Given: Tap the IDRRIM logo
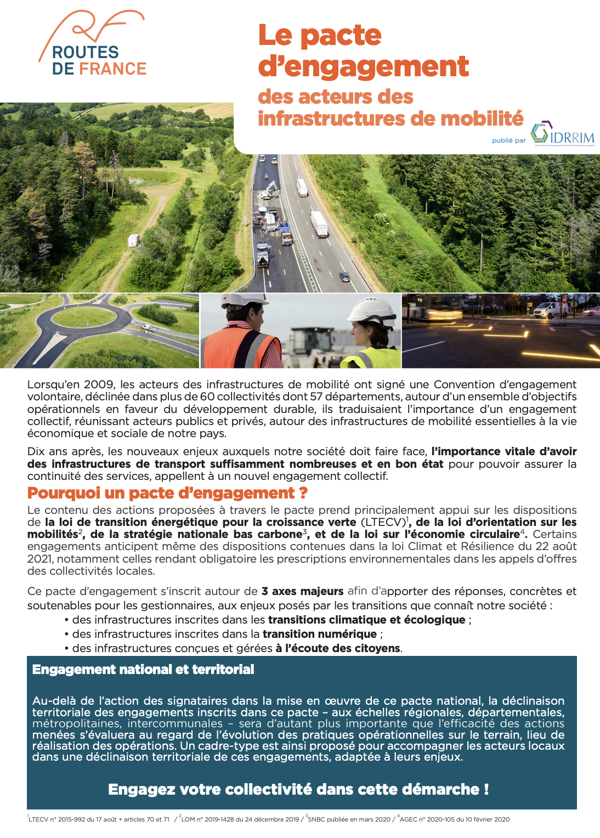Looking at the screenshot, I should [562, 134].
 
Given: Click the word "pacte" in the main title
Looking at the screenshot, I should [341, 36].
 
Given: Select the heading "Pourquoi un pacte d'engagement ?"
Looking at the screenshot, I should [167, 493].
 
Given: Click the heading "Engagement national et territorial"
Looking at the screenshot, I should [143, 669].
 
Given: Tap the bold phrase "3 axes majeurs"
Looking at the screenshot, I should [302, 591].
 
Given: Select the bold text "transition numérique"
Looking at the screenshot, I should [319, 634].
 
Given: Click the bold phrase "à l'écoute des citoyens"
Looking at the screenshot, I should [338, 648].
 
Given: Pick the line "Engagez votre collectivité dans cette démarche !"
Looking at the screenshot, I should [298, 789].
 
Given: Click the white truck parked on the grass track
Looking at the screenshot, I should [133, 240].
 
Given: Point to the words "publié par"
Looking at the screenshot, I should [508, 140].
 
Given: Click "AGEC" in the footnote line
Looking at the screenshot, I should [409, 819].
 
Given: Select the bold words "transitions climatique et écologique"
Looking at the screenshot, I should [366, 620].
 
